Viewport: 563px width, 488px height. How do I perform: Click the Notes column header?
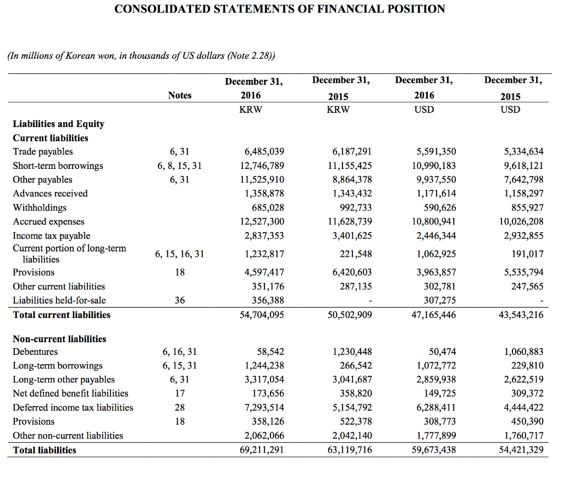180,95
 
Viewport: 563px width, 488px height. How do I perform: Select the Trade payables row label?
43,151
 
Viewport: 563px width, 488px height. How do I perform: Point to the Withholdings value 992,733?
353,207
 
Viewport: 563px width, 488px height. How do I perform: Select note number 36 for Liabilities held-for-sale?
180,300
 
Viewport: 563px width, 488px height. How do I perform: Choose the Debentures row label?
35,352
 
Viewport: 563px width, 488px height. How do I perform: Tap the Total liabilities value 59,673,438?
434,450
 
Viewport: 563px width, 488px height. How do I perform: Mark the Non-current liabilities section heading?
59,339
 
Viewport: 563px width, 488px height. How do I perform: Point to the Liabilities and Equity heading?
59,124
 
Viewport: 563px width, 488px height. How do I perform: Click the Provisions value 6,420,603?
352,272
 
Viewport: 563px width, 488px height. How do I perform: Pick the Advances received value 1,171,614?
436,194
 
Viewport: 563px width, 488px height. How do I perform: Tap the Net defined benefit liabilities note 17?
180,393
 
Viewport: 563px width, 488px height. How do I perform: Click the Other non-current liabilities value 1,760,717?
523,436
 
